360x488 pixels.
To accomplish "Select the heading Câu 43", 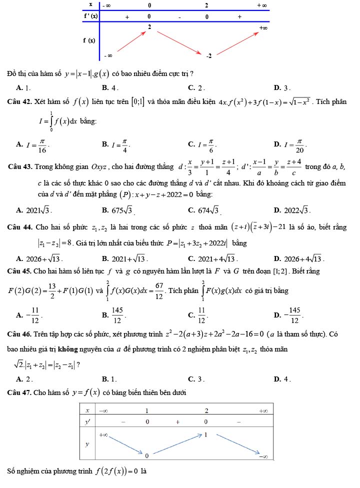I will tap(21, 165).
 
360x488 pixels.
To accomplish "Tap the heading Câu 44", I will tap(19, 227).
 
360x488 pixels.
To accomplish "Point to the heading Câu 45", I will tap(19, 271).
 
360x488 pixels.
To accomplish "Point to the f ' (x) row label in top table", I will tap(91, 15).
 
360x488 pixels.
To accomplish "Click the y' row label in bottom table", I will tap(87, 422).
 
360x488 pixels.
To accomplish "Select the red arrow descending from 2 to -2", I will tap(179, 42).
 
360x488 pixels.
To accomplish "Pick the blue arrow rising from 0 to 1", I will tap(177, 444).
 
